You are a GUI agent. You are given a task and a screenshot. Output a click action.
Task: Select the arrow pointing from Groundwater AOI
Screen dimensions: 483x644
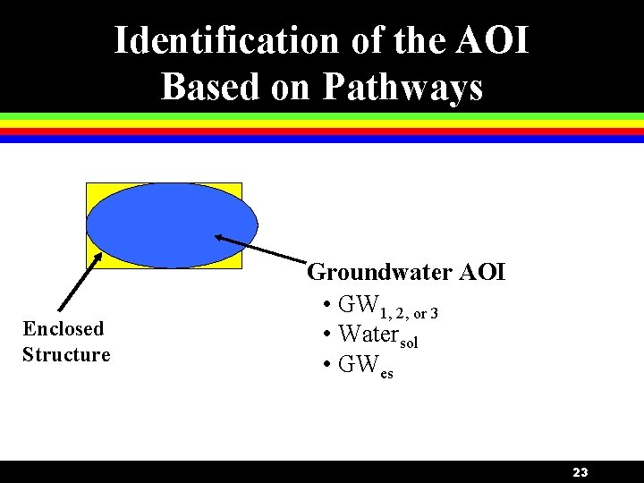tap(258, 249)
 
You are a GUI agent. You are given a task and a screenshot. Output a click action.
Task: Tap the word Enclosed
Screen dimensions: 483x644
tap(63, 329)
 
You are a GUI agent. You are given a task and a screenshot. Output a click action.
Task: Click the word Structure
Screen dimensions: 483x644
tap(66, 354)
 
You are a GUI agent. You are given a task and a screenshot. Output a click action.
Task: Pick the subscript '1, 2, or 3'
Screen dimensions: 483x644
tap(409, 314)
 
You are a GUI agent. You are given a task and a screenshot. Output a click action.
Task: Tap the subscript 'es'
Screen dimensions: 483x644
tap(386, 374)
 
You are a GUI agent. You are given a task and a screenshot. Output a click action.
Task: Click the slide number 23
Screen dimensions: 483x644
tap(580, 472)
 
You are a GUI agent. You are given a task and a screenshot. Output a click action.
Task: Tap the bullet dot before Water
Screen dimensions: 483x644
tap(328, 335)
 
